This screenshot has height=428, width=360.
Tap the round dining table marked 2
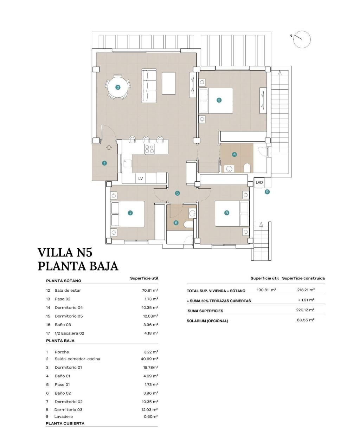coord(118,87)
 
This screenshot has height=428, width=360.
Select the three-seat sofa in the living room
coord(149,86)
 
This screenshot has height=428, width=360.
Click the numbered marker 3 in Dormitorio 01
coord(219,100)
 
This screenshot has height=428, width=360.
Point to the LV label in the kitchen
coord(141,179)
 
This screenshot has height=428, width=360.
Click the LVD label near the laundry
coord(259,182)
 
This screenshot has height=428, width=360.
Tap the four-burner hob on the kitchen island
coord(149,149)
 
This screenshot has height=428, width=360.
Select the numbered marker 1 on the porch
coord(104,163)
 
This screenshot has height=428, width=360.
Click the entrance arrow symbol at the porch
coord(108,148)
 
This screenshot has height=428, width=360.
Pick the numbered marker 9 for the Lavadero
coord(267,192)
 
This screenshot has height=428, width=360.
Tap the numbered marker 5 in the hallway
coord(178,193)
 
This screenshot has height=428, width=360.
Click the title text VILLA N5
coord(65,253)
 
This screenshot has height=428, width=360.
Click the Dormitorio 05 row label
coord(69,316)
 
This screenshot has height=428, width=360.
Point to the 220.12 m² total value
coord(305,310)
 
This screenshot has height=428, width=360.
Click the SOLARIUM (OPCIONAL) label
coord(207,321)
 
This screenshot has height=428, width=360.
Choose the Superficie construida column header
coord(303,278)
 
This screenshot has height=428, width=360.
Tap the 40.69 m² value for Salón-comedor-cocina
coord(149,359)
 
